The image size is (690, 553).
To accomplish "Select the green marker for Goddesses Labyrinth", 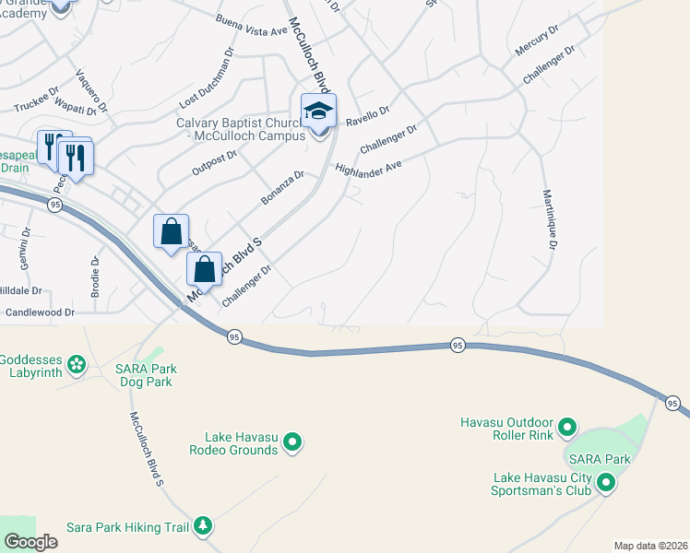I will click(76, 366).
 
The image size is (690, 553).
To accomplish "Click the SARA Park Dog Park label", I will click(146, 376).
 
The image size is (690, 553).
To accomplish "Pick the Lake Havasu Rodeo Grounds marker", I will click(293, 443).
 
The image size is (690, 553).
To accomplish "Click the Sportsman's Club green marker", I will click(606, 482).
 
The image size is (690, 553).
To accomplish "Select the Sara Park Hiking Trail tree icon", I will click(203, 527).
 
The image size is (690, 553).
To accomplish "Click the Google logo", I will click(30, 542).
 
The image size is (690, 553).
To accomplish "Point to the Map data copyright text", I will click(650, 546).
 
